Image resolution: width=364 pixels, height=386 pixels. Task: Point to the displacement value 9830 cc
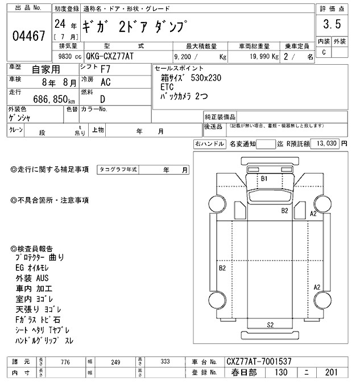(66, 57)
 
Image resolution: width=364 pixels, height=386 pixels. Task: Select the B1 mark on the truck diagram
(264, 178)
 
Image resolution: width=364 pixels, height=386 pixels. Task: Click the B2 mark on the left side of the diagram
(222, 267)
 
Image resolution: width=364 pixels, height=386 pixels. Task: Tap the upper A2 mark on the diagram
(312, 213)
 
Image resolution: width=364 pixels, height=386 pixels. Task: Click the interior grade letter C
(324, 52)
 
